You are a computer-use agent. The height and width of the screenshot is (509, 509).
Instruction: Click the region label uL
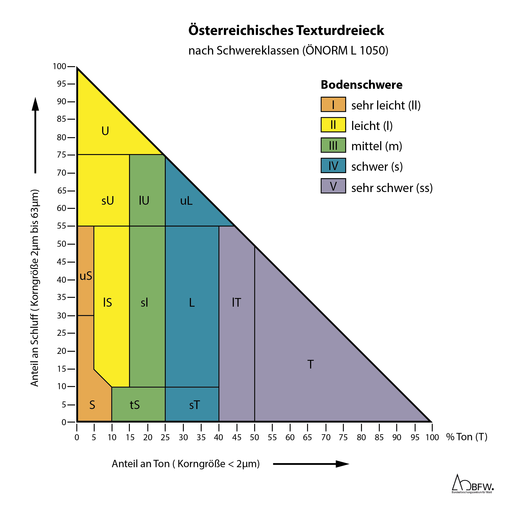click(x=186, y=201)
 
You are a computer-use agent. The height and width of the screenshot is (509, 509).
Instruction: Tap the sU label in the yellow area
click(x=108, y=201)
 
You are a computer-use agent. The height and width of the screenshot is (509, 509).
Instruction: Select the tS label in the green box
click(x=135, y=405)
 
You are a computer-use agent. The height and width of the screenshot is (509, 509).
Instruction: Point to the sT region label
click(x=194, y=405)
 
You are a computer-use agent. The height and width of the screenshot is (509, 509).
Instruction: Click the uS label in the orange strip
click(x=86, y=276)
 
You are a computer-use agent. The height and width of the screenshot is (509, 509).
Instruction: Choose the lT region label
click(x=236, y=303)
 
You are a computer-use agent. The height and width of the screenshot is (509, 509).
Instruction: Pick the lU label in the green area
click(x=144, y=201)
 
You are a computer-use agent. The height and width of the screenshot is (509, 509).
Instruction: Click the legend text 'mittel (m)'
click(x=376, y=146)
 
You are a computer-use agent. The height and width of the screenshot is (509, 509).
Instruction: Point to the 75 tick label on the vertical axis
click(x=61, y=155)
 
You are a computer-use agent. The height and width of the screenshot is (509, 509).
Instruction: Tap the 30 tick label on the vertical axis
click(x=61, y=316)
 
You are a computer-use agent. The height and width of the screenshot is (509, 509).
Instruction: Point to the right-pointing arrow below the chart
click(x=311, y=464)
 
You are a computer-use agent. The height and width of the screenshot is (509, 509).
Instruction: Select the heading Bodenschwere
click(x=361, y=85)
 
